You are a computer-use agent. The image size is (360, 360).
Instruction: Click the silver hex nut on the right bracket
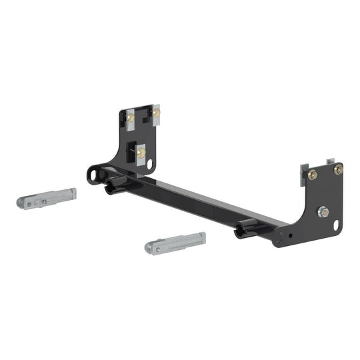tap(323, 212)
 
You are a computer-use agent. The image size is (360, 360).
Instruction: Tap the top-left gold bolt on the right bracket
tap(313, 175)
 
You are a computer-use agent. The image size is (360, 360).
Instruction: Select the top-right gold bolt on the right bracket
tap(337, 170)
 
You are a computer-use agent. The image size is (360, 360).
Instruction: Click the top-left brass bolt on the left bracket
tap(131, 118)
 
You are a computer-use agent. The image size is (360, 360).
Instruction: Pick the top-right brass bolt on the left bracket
tap(156, 113)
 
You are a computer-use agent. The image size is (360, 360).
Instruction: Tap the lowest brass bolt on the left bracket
tap(141, 153)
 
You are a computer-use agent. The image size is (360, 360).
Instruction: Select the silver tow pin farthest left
tap(46, 199)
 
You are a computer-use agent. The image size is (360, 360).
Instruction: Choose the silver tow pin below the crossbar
tap(175, 243)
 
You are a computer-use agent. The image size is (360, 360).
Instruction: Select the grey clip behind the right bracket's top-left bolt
tap(305, 169)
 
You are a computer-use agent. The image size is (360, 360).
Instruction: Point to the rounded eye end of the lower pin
tap(151, 249)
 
